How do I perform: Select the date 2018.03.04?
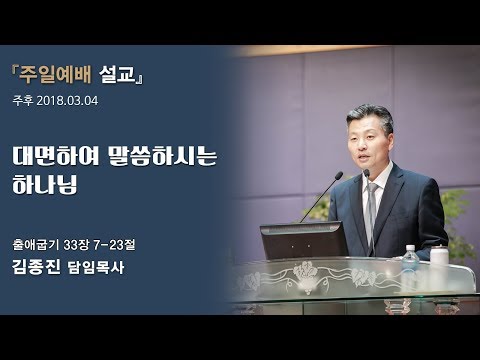(x=77, y=101)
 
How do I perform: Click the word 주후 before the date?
(x=24, y=101)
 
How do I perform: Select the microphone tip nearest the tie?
(x=366, y=172)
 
